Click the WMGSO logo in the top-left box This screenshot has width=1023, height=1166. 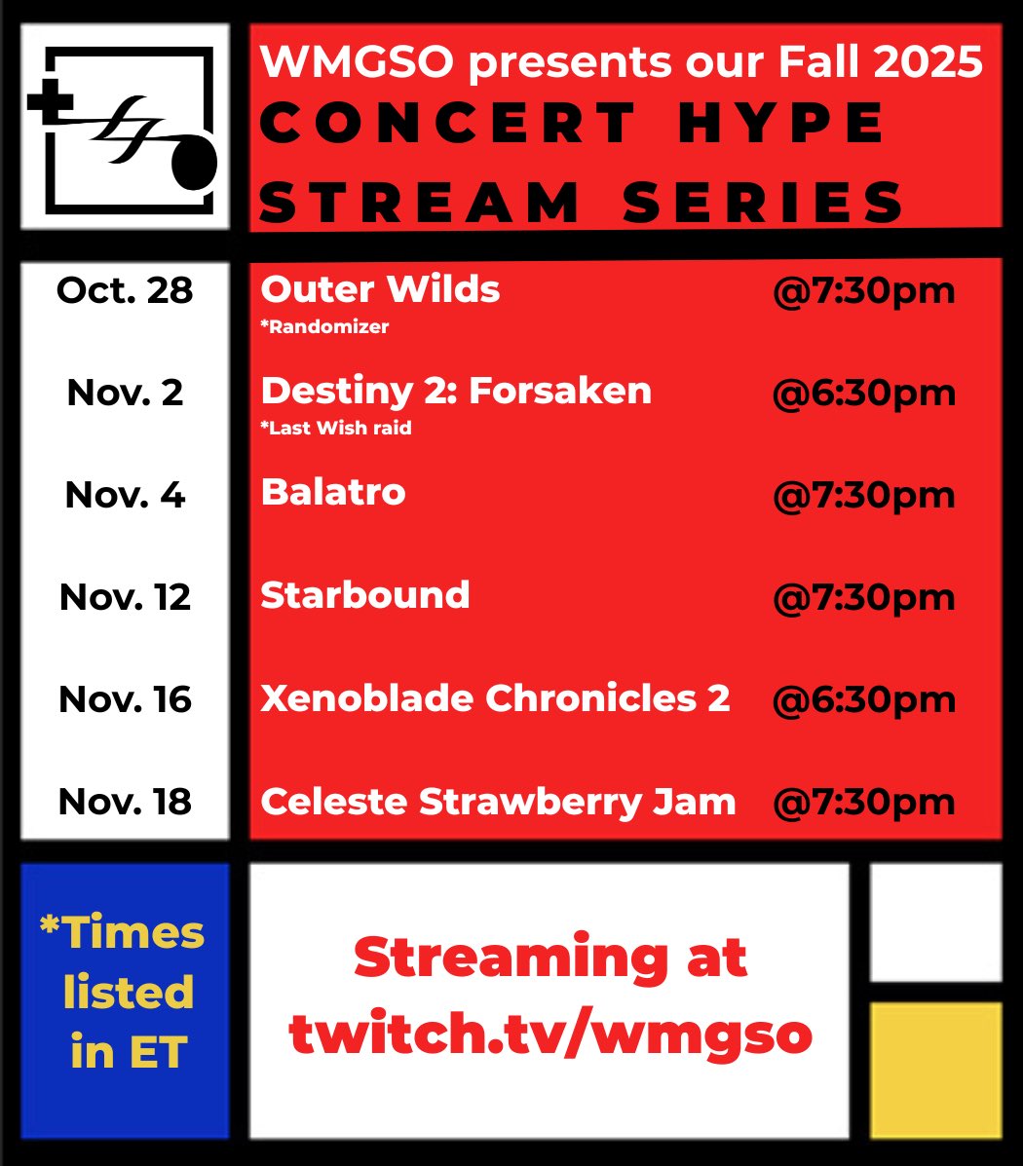click(125, 127)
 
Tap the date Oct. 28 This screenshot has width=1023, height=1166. click(125, 290)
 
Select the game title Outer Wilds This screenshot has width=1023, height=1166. click(380, 289)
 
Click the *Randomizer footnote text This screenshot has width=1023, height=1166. click(324, 327)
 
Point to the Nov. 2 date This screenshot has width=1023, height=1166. click(125, 393)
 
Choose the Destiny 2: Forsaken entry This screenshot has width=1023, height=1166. click(456, 391)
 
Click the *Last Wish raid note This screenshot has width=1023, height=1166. click(336, 428)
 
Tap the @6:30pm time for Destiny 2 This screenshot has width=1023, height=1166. click(863, 393)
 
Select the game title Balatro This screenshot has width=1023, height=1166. click(333, 492)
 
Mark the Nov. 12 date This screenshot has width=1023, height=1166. click(125, 597)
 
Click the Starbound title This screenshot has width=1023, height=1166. click(365, 594)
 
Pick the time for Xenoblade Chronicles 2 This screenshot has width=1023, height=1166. click(863, 699)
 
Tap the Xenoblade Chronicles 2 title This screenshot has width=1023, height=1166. click(495, 698)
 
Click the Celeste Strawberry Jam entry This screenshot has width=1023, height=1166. click(498, 802)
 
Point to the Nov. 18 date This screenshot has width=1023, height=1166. click(125, 802)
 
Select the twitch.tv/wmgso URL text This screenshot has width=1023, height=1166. click(550, 1034)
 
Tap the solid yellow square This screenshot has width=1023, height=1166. click(935, 1069)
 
